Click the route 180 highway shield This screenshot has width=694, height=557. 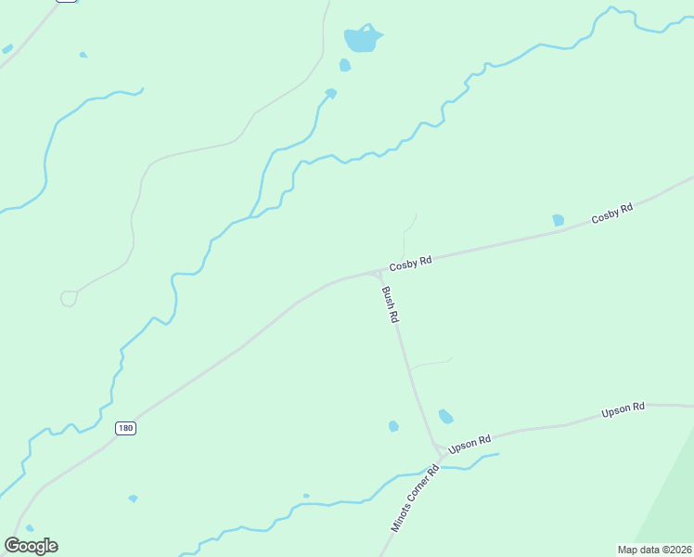[x=126, y=428]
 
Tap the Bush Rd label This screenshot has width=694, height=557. [x=391, y=304]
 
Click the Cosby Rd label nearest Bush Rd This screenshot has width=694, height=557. [x=410, y=264]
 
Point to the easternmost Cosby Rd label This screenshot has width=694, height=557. [x=612, y=214]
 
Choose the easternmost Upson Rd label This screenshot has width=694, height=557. [x=623, y=408]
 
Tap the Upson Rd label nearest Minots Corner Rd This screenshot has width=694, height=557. [x=469, y=444]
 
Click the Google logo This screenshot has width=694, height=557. [x=31, y=546]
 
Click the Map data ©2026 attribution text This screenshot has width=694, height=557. [x=655, y=550]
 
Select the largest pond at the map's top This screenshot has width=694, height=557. [x=362, y=39]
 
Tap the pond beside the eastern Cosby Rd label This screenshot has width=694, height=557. [x=558, y=220]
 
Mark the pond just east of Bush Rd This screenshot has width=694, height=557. [x=445, y=416]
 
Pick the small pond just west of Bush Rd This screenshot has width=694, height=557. [x=393, y=426]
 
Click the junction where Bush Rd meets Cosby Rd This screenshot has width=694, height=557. [x=379, y=272]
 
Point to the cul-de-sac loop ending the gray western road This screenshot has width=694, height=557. [x=69, y=298]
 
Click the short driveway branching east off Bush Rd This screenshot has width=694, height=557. [x=431, y=363]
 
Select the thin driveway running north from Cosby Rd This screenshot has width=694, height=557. [x=406, y=237]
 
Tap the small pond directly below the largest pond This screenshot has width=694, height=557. [x=345, y=65]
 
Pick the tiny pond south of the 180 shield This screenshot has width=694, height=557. [x=133, y=499]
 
